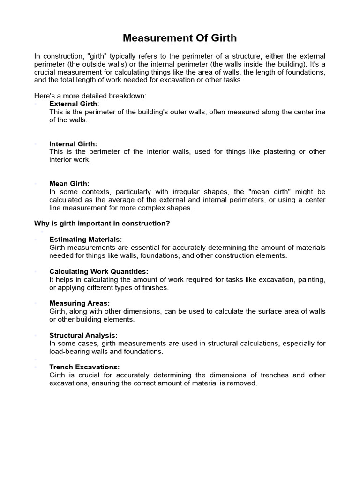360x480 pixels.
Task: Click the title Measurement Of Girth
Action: (180, 37)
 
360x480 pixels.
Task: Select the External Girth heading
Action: (73, 104)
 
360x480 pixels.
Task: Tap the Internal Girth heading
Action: (73, 144)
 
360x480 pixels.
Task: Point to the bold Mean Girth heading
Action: (69, 184)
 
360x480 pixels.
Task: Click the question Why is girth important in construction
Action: (102, 224)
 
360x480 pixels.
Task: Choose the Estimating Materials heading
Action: (85, 240)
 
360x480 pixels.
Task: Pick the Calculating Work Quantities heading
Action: (98, 271)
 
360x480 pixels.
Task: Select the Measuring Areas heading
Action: (80, 303)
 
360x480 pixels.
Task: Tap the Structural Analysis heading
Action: (83, 335)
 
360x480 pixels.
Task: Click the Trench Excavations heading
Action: (84, 367)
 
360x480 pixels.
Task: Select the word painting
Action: (308, 279)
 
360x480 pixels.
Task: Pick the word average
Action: (123, 200)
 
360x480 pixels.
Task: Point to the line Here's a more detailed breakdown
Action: (90, 96)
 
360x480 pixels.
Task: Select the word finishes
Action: (154, 287)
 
